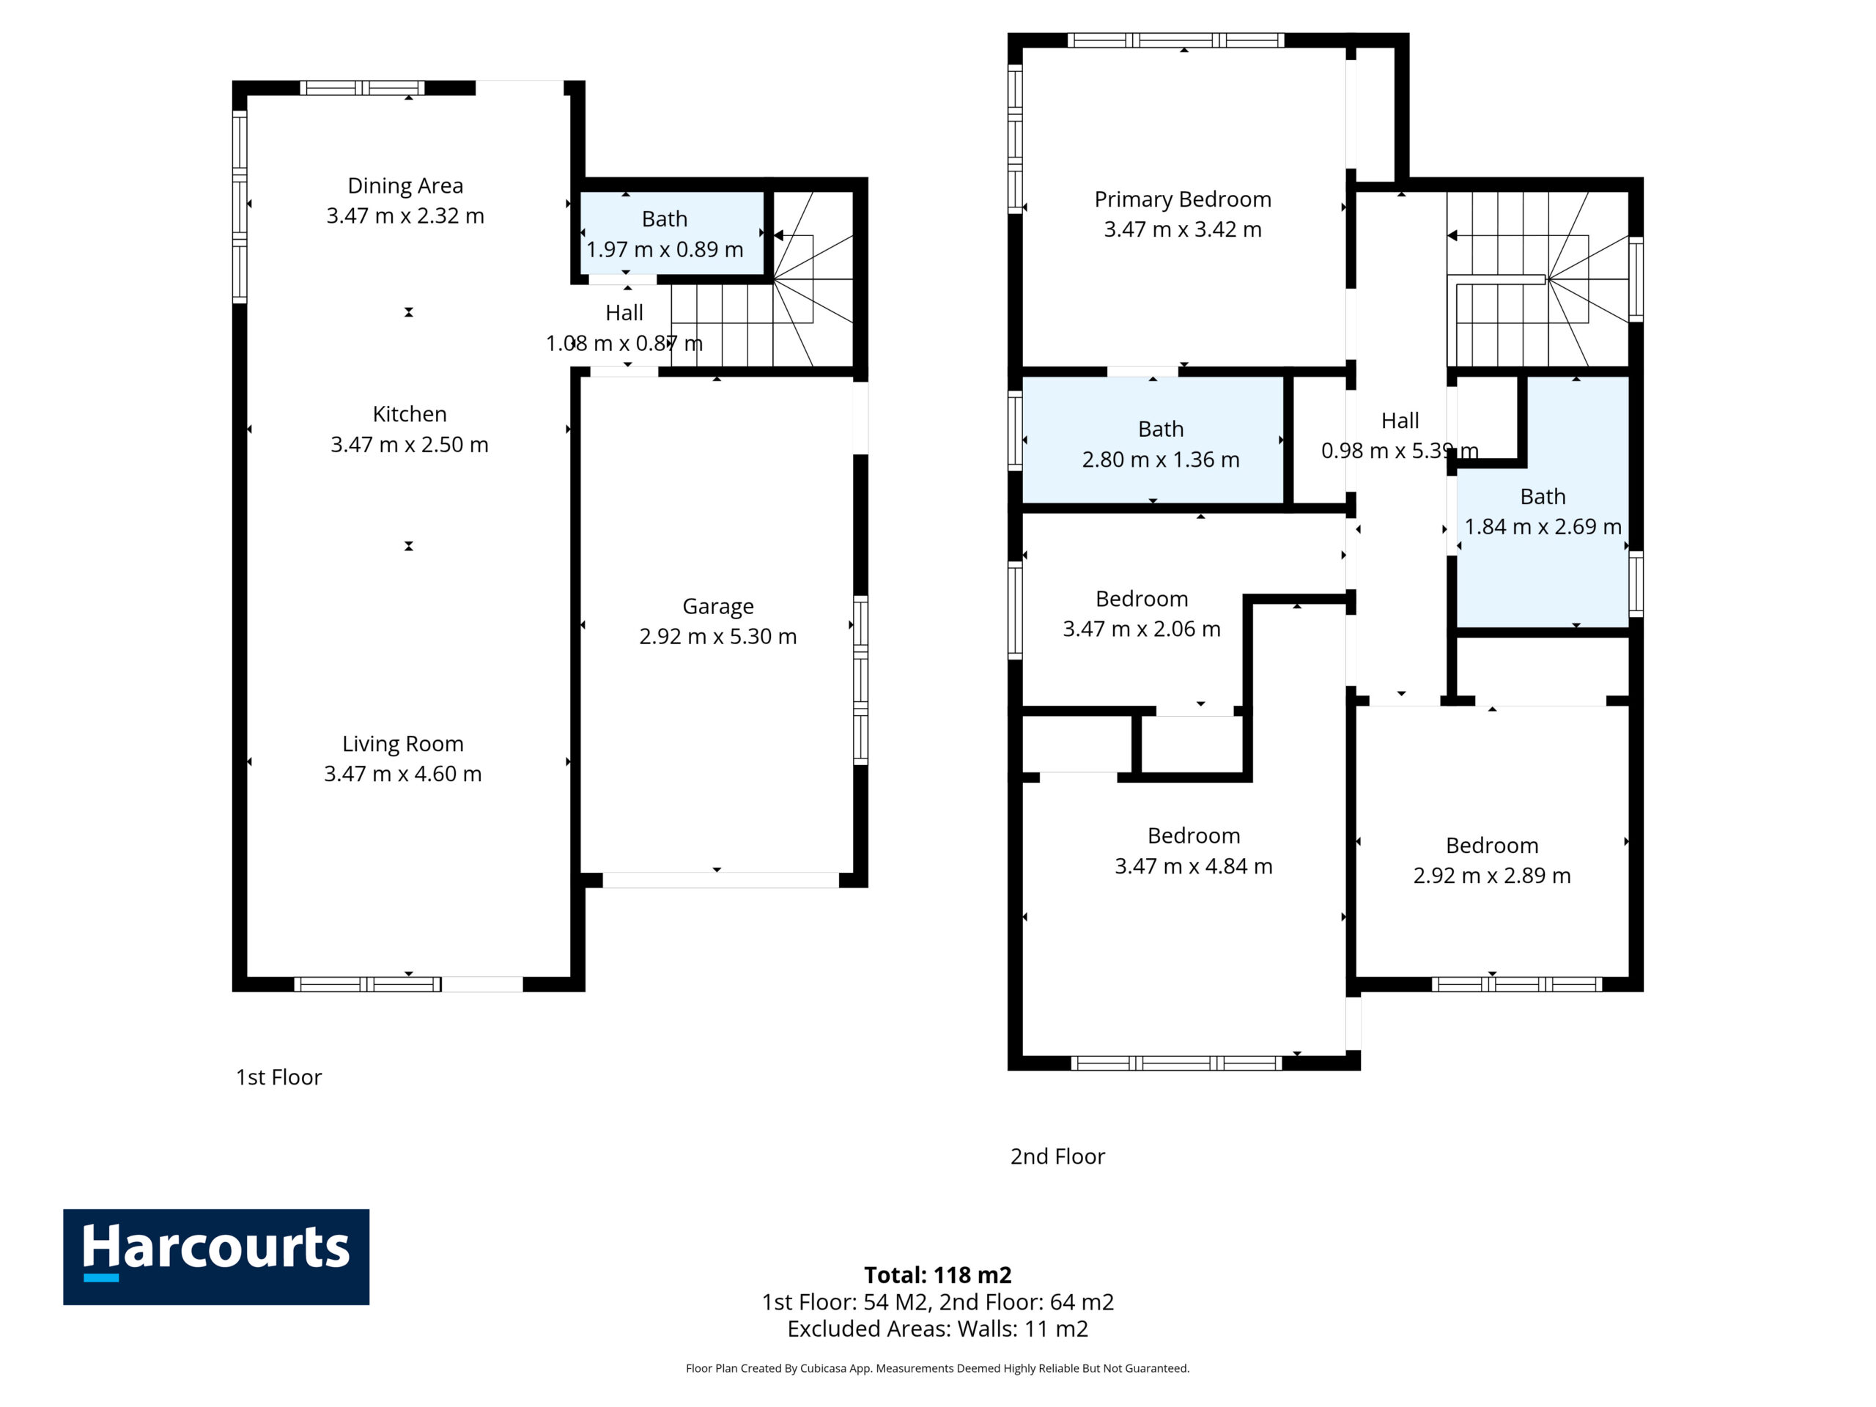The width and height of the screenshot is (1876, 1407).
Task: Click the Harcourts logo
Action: click(x=216, y=1256)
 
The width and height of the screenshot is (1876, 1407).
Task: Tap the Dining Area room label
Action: click(x=405, y=185)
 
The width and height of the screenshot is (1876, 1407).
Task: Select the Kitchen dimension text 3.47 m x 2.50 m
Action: click(x=410, y=444)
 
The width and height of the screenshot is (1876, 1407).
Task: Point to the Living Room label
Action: click(x=403, y=744)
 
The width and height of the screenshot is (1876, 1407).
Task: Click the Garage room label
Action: click(x=718, y=606)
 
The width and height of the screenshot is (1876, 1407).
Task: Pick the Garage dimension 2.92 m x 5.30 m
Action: click(x=718, y=636)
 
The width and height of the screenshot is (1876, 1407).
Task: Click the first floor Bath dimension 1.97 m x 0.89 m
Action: click(x=665, y=249)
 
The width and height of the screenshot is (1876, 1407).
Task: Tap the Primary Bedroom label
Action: click(x=1183, y=199)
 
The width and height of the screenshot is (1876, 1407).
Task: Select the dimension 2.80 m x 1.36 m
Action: click(x=1161, y=459)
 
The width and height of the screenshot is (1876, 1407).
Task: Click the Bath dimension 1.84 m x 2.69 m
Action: click(x=1543, y=527)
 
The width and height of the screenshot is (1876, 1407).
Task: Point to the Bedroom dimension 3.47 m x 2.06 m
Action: click(x=1142, y=629)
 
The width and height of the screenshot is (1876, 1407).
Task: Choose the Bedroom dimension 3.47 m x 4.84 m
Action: click(x=1194, y=866)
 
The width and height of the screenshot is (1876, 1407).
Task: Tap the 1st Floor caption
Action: click(x=279, y=1077)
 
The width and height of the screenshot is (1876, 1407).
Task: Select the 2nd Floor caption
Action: click(x=1057, y=1157)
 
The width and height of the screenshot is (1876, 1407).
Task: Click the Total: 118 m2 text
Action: click(x=938, y=1274)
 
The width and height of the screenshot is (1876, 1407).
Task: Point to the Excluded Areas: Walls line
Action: click(x=938, y=1329)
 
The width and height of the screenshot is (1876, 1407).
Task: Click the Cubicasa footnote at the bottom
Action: click(x=938, y=1368)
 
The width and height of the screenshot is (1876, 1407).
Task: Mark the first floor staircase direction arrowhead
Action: click(x=778, y=235)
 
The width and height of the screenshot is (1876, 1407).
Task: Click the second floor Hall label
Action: click(x=1400, y=421)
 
